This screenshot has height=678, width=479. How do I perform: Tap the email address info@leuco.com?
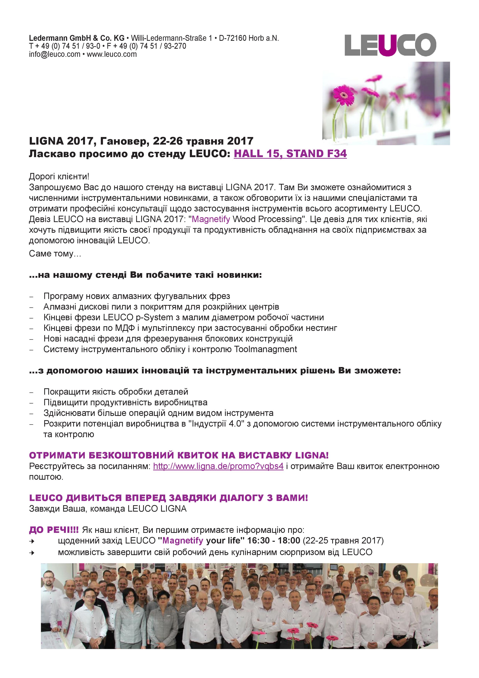click(55, 54)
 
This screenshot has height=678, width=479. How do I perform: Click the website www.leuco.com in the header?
click(112, 54)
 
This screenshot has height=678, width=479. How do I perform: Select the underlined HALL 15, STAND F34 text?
click(290, 154)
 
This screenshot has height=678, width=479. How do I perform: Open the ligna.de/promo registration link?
click(218, 466)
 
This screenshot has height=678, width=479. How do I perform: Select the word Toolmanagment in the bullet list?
click(265, 349)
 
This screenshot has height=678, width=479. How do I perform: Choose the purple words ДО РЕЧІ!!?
click(54, 530)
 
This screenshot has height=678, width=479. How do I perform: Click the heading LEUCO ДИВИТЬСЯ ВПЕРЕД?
click(168, 498)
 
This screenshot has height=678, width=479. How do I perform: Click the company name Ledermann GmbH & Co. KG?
click(77, 38)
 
